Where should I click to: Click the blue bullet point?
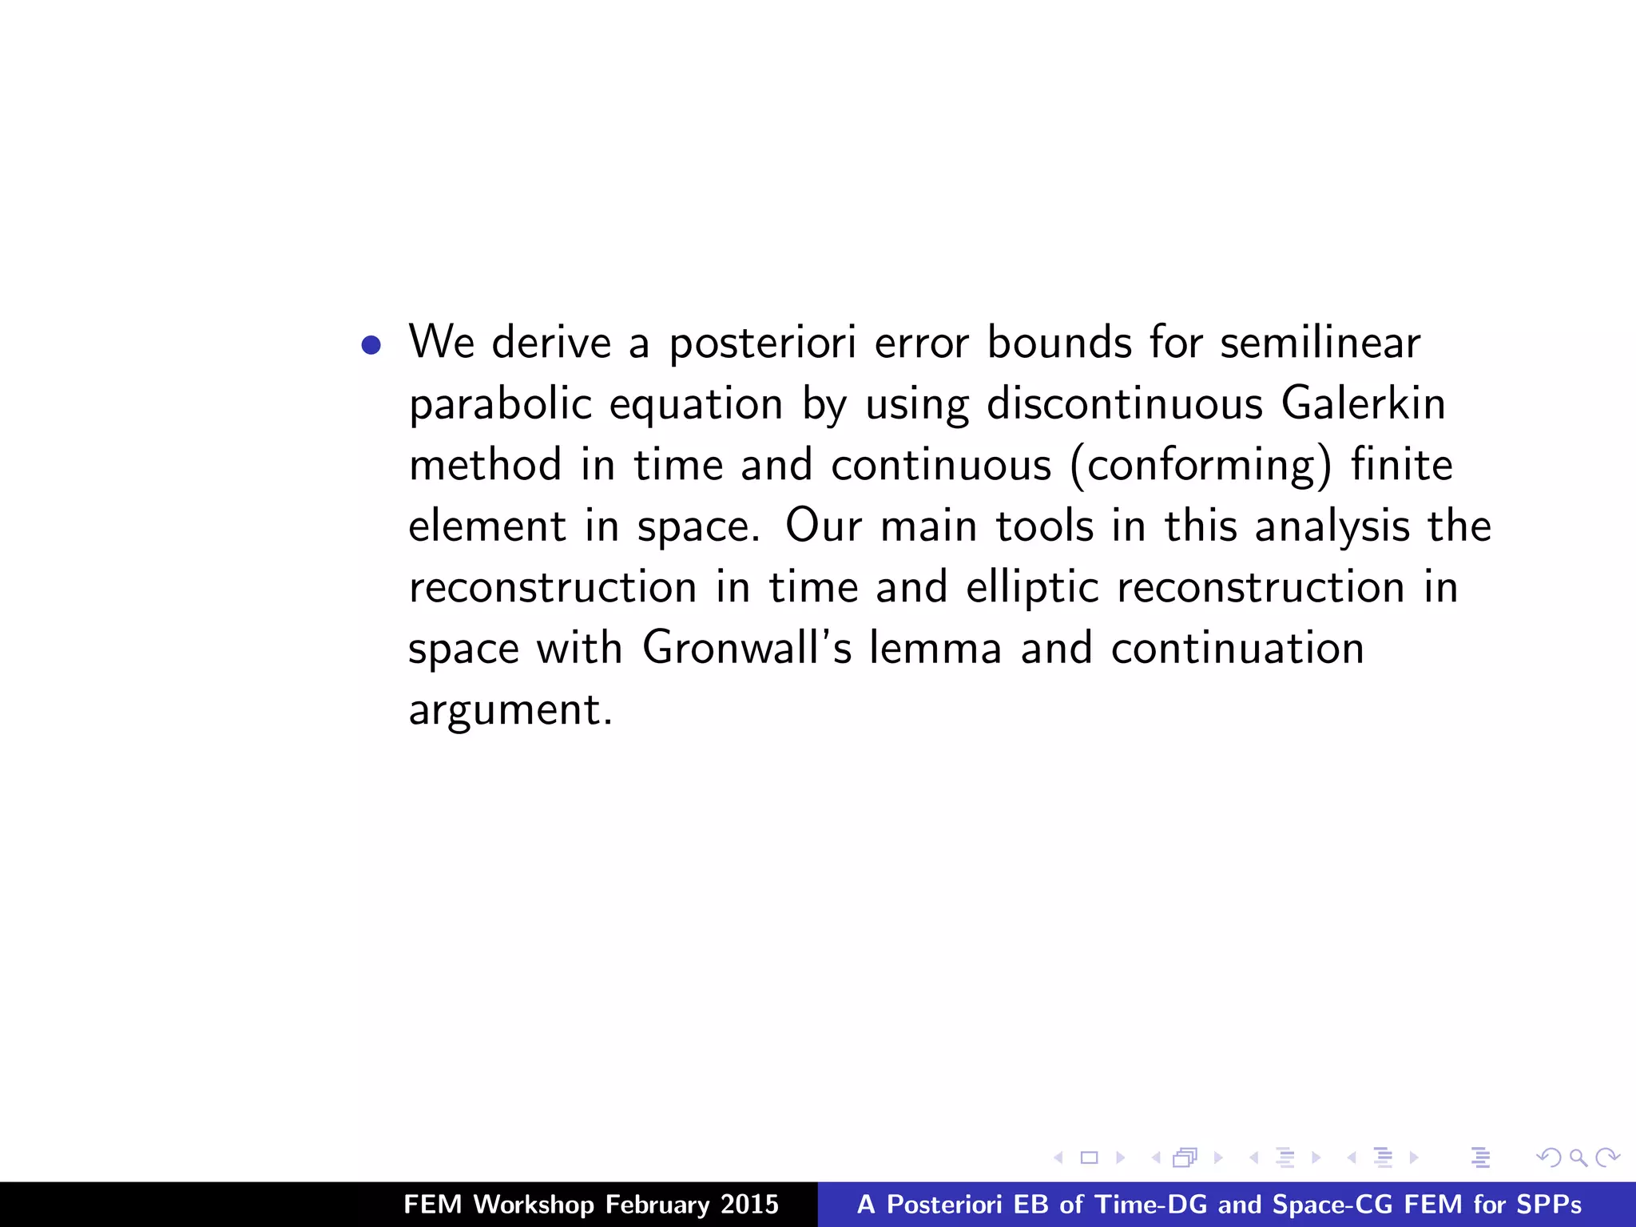coord(371,345)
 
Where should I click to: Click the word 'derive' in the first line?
coord(551,343)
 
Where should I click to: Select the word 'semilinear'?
coord(1320,343)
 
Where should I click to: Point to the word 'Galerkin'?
coord(1363,403)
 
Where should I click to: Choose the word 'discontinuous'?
coord(1125,403)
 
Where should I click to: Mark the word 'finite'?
coord(1401,465)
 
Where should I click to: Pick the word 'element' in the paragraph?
coord(487,526)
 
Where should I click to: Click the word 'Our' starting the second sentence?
coord(824,526)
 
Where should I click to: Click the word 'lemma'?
coord(935,648)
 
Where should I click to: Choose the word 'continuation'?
coord(1237,648)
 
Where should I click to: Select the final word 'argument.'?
coord(510,710)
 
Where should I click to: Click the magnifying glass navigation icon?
coord(1578,1158)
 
